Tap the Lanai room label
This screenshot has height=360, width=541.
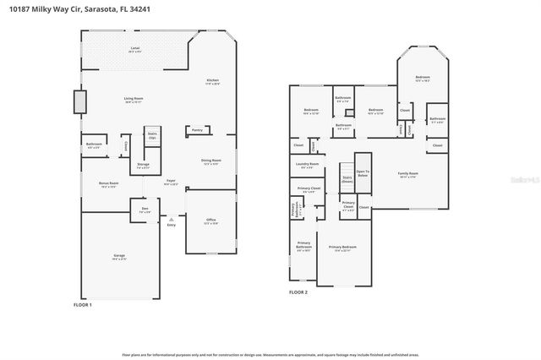pyautogui.click(x=135, y=49)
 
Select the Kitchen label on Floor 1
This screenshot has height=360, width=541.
pyautogui.click(x=213, y=82)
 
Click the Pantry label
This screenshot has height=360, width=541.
pyautogui.click(x=197, y=130)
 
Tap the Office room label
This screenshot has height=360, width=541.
pyautogui.click(x=211, y=221)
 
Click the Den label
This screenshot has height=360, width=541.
pyautogui.click(x=145, y=209)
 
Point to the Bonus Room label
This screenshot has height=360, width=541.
pyautogui.click(x=108, y=183)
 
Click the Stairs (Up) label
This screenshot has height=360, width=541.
pyautogui.click(x=153, y=135)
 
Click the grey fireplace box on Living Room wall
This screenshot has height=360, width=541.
pyautogui.click(x=80, y=102)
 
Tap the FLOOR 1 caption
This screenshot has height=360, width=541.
pyautogui.click(x=82, y=304)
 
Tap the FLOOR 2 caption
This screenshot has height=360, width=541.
pyautogui.click(x=298, y=292)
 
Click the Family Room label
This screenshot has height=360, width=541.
pyautogui.click(x=408, y=175)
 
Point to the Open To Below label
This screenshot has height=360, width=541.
pyautogui.click(x=363, y=173)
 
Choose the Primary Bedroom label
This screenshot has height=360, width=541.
pyautogui.click(x=345, y=248)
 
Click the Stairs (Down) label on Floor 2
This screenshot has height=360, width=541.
pyautogui.click(x=347, y=180)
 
